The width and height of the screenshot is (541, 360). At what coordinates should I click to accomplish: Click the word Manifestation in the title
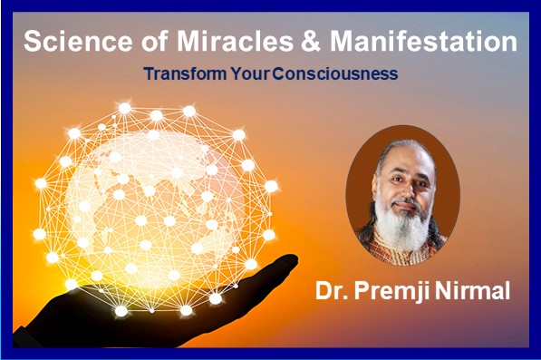(x=414, y=42)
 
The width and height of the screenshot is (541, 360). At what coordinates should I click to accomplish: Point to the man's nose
(x=401, y=194)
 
